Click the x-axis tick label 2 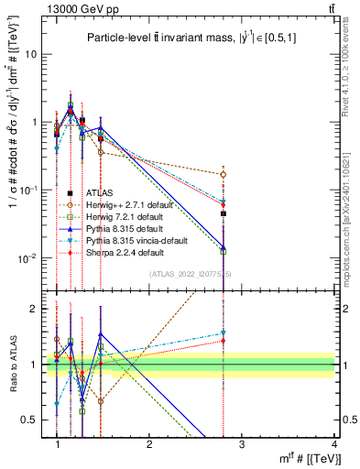point(149,443)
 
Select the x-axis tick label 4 point(334,443)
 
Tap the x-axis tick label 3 point(242,443)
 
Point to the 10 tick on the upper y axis point(36,53)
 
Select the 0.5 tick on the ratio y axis point(36,420)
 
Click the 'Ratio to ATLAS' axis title point(13,365)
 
